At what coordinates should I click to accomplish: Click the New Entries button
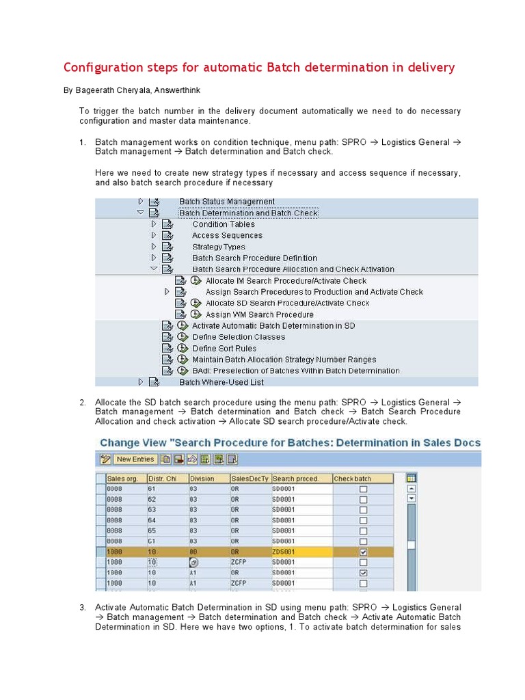point(135,459)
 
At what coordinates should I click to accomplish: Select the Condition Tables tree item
point(224,224)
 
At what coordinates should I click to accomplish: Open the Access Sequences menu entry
point(227,235)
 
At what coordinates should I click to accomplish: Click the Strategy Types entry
point(219,247)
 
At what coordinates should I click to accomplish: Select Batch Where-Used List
point(221,382)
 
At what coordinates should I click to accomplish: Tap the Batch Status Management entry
point(227,202)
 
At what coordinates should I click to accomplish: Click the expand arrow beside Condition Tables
point(154,224)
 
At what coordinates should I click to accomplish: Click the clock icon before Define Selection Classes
point(183,337)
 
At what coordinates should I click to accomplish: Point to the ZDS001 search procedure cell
point(286,552)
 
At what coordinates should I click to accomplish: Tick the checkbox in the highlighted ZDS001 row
point(364,552)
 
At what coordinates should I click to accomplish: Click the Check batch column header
point(353,479)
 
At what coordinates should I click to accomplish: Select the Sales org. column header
point(123,479)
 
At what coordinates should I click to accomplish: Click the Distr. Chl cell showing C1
point(152,541)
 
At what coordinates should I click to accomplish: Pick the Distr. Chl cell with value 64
point(152,520)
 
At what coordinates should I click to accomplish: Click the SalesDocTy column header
point(250,479)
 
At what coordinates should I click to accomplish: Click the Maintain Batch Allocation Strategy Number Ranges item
point(284,360)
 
